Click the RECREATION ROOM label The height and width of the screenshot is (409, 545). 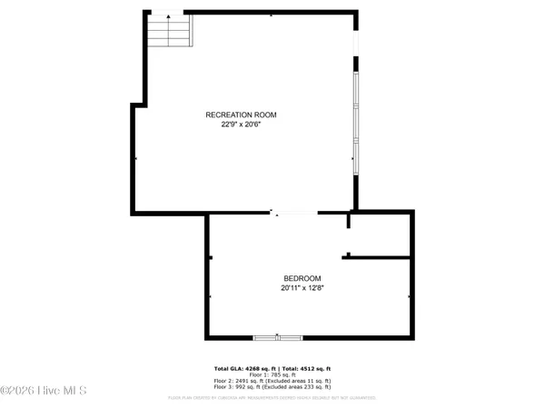coord(240,115)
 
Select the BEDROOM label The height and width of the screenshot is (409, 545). coord(302,278)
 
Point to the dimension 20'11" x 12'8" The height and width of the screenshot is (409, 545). coord(302,287)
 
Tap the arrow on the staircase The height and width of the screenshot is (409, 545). coord(167,18)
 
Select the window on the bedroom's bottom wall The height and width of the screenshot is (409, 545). coord(277,337)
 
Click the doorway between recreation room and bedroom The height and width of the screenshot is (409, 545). coord(294,214)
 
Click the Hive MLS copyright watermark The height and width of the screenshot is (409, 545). coord(44,391)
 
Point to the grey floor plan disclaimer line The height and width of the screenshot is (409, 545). coord(272,397)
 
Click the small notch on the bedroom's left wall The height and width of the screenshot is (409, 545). coord(210,258)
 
